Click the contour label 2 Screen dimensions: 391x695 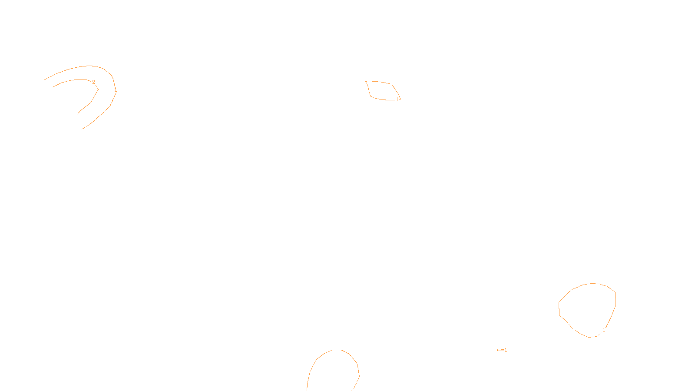tap(93, 82)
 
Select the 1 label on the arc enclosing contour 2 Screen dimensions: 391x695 tap(116, 90)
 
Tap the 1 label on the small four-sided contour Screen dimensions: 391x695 tap(397, 99)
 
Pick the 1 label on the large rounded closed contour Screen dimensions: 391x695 tap(604, 330)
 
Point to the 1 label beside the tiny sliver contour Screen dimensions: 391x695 tap(506, 350)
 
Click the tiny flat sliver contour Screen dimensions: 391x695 tap(500, 350)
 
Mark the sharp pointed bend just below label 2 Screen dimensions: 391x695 tap(98, 89)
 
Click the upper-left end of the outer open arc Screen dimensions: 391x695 tap(44, 80)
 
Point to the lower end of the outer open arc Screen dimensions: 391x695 tap(82, 129)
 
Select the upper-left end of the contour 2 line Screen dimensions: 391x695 tap(53, 87)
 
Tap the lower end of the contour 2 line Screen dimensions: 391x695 tap(77, 114)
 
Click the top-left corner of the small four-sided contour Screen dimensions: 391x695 tap(366, 81)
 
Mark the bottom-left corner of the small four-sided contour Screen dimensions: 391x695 tap(371, 96)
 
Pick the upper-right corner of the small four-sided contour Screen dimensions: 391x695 tap(392, 84)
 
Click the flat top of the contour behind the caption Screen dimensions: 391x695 tap(337, 350)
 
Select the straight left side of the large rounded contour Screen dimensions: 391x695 tap(559, 308)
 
